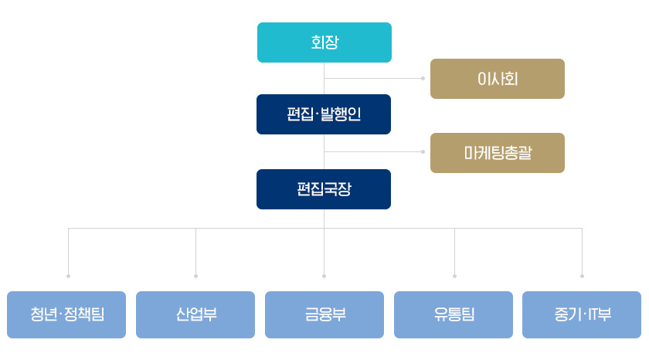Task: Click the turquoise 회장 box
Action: [324, 42]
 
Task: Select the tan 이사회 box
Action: [497, 79]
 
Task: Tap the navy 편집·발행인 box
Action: [324, 114]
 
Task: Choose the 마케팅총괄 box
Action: [497, 153]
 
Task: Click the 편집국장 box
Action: [324, 189]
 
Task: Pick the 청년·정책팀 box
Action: [66, 314]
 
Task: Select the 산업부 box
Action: [195, 314]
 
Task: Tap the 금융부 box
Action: [324, 314]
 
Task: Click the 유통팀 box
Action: [454, 314]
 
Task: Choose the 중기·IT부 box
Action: [582, 314]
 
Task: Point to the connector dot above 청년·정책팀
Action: [69, 276]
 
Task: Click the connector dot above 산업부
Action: [195, 276]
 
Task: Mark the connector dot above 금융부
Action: [324, 276]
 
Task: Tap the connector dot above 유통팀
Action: [454, 276]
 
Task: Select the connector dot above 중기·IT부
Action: [582, 276]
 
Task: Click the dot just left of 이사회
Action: [423, 79]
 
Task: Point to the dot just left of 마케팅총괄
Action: [423, 152]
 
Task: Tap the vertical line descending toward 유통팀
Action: [454, 251]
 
